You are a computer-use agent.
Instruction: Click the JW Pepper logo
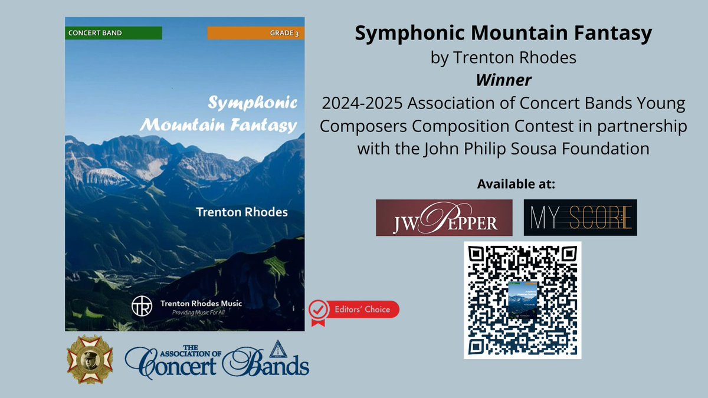pyautogui.click(x=444, y=218)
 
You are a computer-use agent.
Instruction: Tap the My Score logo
pyautogui.click(x=580, y=218)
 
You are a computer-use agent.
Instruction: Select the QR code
pyautogui.click(x=522, y=300)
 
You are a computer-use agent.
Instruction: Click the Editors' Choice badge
pyautogui.click(x=355, y=310)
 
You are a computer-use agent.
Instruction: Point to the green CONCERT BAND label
pyautogui.click(x=113, y=33)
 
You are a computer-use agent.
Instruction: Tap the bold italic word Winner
pyautogui.click(x=503, y=79)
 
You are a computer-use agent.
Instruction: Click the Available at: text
pyautogui.click(x=516, y=185)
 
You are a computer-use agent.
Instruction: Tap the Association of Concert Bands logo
pyautogui.click(x=216, y=359)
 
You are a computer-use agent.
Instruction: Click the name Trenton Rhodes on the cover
pyautogui.click(x=242, y=212)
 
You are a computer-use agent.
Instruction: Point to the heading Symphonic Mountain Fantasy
pyautogui.click(x=503, y=34)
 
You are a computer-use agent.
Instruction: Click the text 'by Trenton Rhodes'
pyautogui.click(x=503, y=58)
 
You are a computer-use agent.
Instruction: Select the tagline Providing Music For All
pyautogui.click(x=197, y=315)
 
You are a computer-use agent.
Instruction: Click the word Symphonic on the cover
pyautogui.click(x=253, y=103)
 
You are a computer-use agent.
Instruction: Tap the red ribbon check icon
pyautogui.click(x=319, y=311)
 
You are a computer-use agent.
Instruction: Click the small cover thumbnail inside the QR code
pyautogui.click(x=522, y=300)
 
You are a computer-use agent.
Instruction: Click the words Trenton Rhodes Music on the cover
pyautogui.click(x=201, y=304)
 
